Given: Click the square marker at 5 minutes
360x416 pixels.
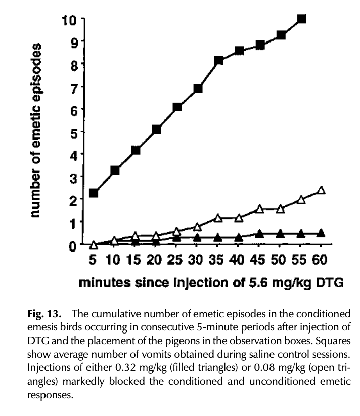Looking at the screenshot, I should click(x=93, y=193).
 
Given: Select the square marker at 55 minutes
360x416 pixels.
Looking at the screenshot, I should click(x=302, y=19).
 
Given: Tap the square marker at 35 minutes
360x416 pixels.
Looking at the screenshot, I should click(x=218, y=60).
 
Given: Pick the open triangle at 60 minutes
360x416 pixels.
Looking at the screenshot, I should click(x=321, y=191).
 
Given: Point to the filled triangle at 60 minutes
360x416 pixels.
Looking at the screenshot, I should click(x=321, y=233).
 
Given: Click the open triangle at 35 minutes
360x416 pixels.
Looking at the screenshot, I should click(x=218, y=218).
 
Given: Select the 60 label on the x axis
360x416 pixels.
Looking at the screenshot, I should click(x=321, y=260).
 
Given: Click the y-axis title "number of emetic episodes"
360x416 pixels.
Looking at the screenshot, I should click(x=35, y=130).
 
